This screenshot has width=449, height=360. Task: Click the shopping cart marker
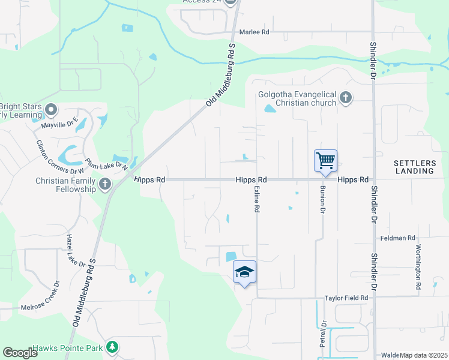coord(325,161)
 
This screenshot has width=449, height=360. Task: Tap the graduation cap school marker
coord(244,272)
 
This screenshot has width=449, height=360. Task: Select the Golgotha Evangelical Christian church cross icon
coord(345,97)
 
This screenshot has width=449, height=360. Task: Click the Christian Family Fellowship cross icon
coord(105,184)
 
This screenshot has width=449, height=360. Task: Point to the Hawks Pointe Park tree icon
coord(111,347)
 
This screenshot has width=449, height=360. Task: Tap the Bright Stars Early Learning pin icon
coord(51,110)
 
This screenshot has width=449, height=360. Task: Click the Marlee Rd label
coord(255,32)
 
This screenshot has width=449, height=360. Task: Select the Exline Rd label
coord(256,200)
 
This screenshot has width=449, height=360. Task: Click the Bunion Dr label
coord(322,201)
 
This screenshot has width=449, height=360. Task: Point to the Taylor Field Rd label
coord(346,298)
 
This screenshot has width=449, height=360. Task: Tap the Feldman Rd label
coord(398,238)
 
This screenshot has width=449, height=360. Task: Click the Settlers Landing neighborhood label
coord(414,167)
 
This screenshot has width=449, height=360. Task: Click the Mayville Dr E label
coord(60,125)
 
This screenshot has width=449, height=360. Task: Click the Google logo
coord(20,353)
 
